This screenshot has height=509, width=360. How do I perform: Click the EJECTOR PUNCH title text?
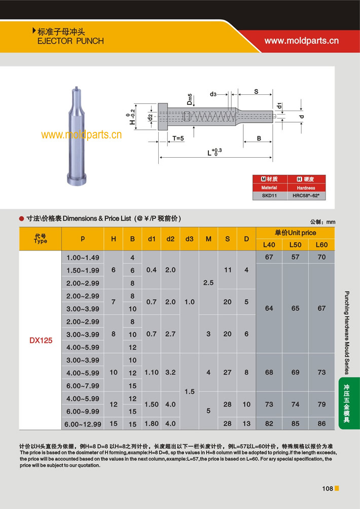point(70,41)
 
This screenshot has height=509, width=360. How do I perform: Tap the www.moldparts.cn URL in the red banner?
point(301,41)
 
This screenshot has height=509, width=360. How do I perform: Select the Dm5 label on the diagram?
point(189,99)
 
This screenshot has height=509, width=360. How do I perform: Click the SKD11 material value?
point(269,195)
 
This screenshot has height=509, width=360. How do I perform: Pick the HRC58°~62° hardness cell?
point(306,195)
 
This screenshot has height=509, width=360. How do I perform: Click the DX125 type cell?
point(41,341)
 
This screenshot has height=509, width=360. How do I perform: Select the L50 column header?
point(295,245)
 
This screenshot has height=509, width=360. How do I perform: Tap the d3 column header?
point(189,238)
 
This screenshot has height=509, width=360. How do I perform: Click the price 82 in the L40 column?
point(269,423)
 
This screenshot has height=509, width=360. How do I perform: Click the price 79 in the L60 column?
point(321,405)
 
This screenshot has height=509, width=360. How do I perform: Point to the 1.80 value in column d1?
point(152,423)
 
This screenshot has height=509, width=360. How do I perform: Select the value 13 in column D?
point(246,423)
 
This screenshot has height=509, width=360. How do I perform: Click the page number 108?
point(327,489)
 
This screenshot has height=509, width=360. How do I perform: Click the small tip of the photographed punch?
point(75,89)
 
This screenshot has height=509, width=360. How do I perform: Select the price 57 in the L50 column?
point(295,257)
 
